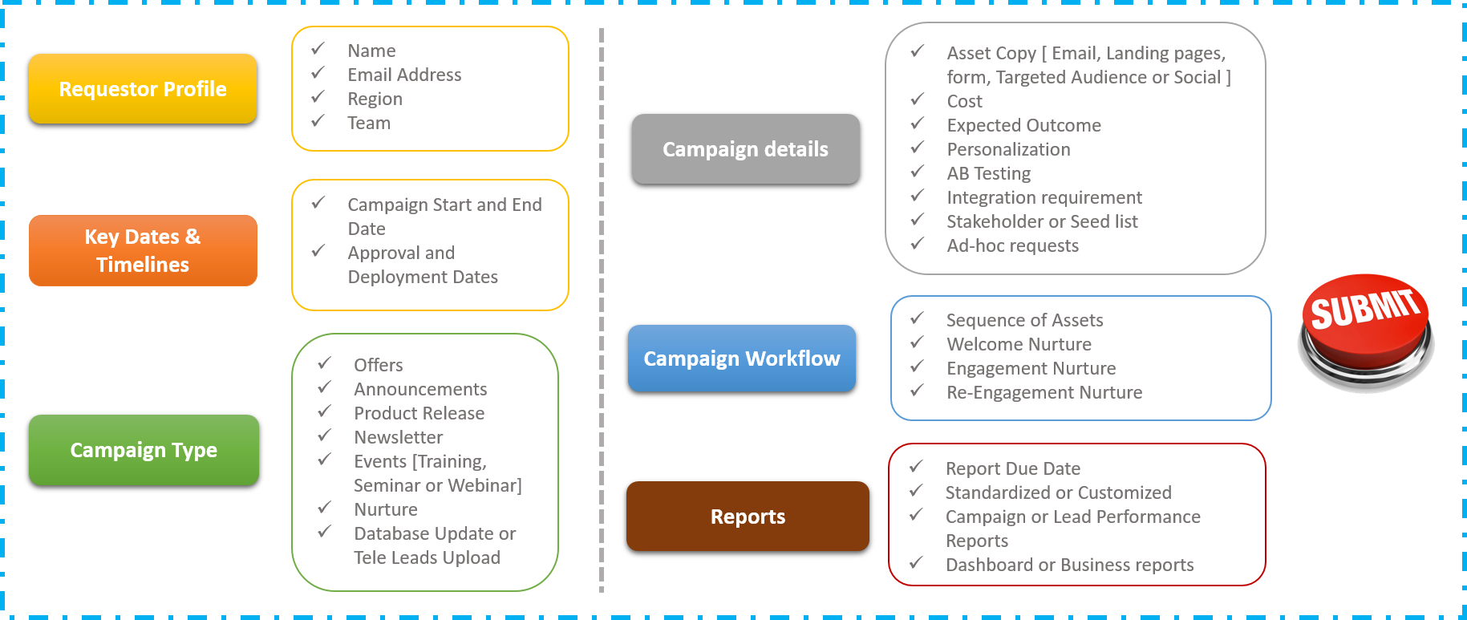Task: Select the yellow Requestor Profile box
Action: pyautogui.click(x=143, y=89)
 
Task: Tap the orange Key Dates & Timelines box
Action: pyautogui.click(x=143, y=250)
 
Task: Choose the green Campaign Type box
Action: pyautogui.click(x=144, y=450)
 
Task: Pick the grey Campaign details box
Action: pyautogui.click(x=745, y=149)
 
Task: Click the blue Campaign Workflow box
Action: pyautogui.click(x=742, y=359)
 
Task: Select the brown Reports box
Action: pyautogui.click(x=748, y=517)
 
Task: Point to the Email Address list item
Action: pyautogui.click(x=404, y=75)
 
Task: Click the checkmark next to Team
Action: pyautogui.click(x=318, y=121)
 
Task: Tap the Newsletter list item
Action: pyautogui.click(x=398, y=437)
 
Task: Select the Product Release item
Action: pyautogui.click(x=419, y=413)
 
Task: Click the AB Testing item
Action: pyautogui.click(x=988, y=173)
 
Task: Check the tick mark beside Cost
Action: pyautogui.click(x=918, y=99)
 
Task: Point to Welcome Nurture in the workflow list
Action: pyautogui.click(x=1019, y=344)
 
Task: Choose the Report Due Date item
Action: pyautogui.click(x=1012, y=468)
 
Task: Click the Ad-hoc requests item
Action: pyautogui.click(x=1012, y=245)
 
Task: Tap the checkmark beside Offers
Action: pyautogui.click(x=325, y=363)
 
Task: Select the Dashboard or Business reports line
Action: pyautogui.click(x=1069, y=565)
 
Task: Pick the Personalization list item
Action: pyautogui.click(x=1008, y=149)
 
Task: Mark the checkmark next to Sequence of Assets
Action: pyautogui.click(x=918, y=318)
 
